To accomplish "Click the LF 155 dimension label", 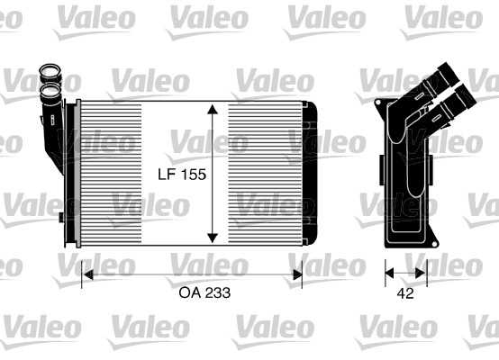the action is point(182,175).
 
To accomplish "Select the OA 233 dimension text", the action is point(204,292).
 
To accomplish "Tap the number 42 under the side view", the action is point(405,293).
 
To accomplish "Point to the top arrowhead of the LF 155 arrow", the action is point(213,109).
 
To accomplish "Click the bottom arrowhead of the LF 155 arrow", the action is point(213,238).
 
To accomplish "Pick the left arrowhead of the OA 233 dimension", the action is point(87,274).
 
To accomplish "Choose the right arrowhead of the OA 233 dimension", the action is point(297,274).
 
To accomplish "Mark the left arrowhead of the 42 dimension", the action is point(389,273).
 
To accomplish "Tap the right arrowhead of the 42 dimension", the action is point(421,273).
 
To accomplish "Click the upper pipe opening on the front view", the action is point(50,69).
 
